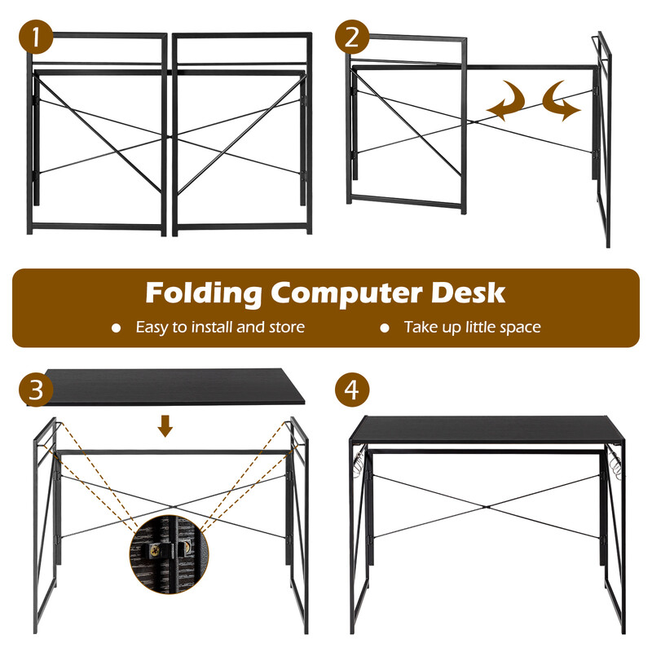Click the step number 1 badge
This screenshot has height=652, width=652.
(x=36, y=37)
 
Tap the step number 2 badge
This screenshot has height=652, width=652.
(x=352, y=37)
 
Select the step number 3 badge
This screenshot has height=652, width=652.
(x=36, y=390)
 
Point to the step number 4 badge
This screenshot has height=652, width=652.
(x=352, y=390)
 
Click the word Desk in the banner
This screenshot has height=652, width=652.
(x=468, y=293)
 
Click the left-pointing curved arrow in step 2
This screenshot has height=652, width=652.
(x=505, y=101)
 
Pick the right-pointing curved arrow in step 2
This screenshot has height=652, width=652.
(x=562, y=101)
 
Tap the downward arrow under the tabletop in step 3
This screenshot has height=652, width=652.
(x=165, y=425)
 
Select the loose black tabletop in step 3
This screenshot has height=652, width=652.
(x=166, y=386)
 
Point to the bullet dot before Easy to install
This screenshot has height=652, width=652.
(x=116, y=328)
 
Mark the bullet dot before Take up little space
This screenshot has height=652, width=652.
(x=385, y=328)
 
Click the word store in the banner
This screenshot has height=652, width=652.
(x=287, y=328)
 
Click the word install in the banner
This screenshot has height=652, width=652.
(x=212, y=327)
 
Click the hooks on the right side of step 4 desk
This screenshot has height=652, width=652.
(x=615, y=460)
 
